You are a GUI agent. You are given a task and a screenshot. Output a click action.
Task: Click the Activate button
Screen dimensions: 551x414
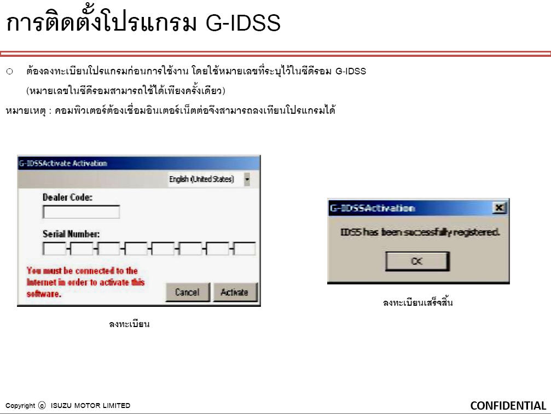pos(235,292)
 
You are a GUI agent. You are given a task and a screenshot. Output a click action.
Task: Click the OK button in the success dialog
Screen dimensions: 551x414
pos(417,261)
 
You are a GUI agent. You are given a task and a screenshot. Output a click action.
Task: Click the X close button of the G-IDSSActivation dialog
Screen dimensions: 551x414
pos(500,208)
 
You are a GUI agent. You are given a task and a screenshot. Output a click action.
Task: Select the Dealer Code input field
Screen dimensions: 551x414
pos(81,212)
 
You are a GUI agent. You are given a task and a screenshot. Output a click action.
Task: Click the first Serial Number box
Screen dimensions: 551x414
pos(54,249)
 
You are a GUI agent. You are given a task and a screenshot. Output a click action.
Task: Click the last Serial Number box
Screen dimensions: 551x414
pos(245,249)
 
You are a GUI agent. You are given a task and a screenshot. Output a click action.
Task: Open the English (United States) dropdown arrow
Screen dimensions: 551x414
pos(247,179)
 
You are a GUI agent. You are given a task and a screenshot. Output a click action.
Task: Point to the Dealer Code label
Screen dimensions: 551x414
pos(67,197)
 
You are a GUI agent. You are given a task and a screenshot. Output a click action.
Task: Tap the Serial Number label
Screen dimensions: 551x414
pos(71,234)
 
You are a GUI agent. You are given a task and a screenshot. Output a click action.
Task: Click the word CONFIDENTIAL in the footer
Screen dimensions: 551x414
pos(508,406)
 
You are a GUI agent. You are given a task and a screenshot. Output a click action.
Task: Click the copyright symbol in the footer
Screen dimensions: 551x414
pos(42,406)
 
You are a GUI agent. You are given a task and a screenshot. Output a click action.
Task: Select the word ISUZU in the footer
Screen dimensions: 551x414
pos(61,406)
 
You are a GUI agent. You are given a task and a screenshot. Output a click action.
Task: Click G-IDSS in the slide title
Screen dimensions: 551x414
pos(243,23)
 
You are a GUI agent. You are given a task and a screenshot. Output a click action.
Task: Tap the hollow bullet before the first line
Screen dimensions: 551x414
pos(9,72)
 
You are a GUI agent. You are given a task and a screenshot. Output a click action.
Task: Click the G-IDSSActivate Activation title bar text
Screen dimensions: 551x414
pos(63,164)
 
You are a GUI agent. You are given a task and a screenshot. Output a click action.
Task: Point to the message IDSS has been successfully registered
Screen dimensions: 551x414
pos(420,232)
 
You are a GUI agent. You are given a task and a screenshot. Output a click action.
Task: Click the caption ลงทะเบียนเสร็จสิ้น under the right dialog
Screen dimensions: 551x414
pos(418,302)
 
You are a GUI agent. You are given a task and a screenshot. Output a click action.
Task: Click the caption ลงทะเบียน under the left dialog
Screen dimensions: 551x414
pos(129,324)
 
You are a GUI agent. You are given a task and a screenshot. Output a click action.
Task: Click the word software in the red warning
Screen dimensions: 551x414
pos(44,294)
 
